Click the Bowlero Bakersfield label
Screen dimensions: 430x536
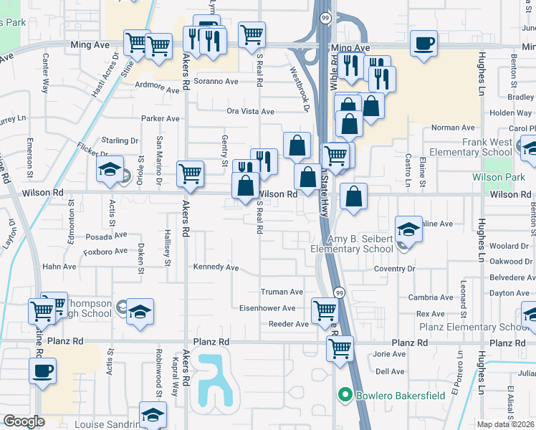(393, 395)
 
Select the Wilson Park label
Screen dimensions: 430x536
(499, 176)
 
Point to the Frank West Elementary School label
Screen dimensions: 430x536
(497, 148)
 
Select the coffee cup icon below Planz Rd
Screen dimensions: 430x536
(43, 371)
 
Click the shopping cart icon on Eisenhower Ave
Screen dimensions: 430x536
(325, 311)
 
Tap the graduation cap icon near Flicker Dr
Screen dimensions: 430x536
(110, 169)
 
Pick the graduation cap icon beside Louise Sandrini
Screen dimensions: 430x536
(153, 414)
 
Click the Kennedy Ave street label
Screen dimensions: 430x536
(216, 267)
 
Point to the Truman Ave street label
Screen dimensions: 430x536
(282, 292)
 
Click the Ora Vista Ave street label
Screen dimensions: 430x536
(250, 111)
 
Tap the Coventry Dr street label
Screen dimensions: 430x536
(394, 269)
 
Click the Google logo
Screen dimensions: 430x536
(24, 421)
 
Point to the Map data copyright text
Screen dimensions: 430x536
(506, 424)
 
